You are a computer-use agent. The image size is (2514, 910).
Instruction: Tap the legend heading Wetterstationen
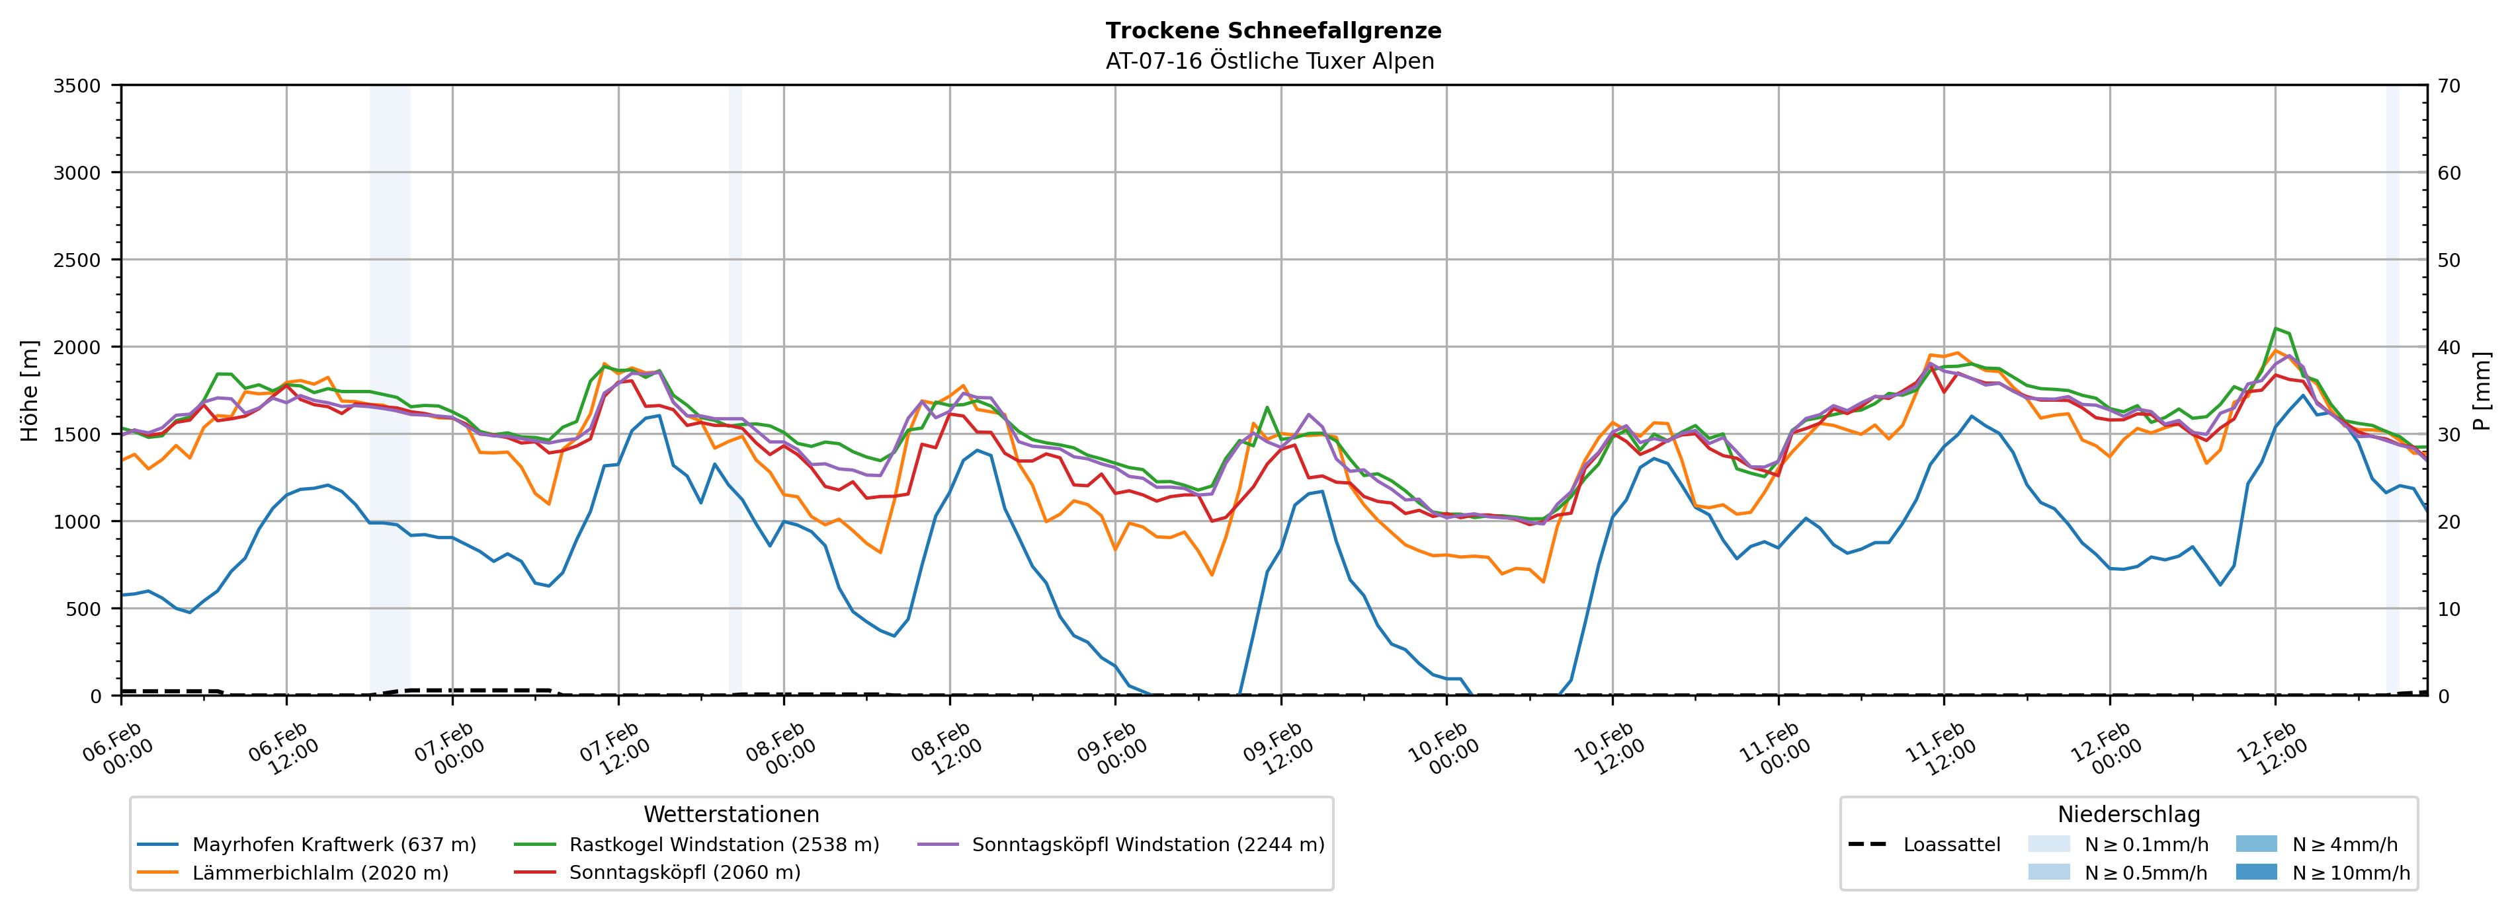click(731, 814)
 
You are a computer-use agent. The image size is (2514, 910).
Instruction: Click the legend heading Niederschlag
click(2128, 814)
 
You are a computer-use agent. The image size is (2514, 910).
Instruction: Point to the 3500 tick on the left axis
click(77, 86)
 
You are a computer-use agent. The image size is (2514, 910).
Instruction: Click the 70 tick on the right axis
click(2449, 86)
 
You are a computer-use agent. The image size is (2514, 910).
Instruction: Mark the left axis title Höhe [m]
click(30, 390)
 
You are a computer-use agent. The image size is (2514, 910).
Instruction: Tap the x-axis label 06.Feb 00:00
click(117, 749)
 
